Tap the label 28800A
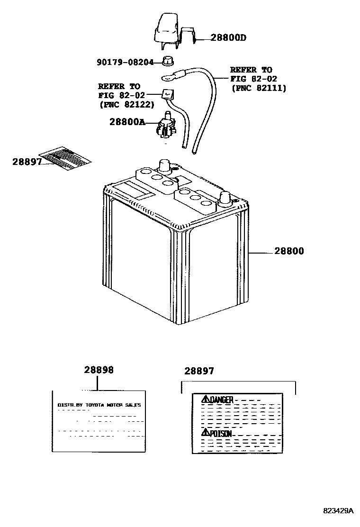127,121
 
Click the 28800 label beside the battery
288,251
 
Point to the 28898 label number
99,370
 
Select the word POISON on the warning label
221,433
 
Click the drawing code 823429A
338,511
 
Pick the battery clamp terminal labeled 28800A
165,127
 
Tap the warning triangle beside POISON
205,432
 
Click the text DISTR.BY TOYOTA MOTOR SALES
99,405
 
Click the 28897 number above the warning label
199,371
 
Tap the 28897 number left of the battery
27,162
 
